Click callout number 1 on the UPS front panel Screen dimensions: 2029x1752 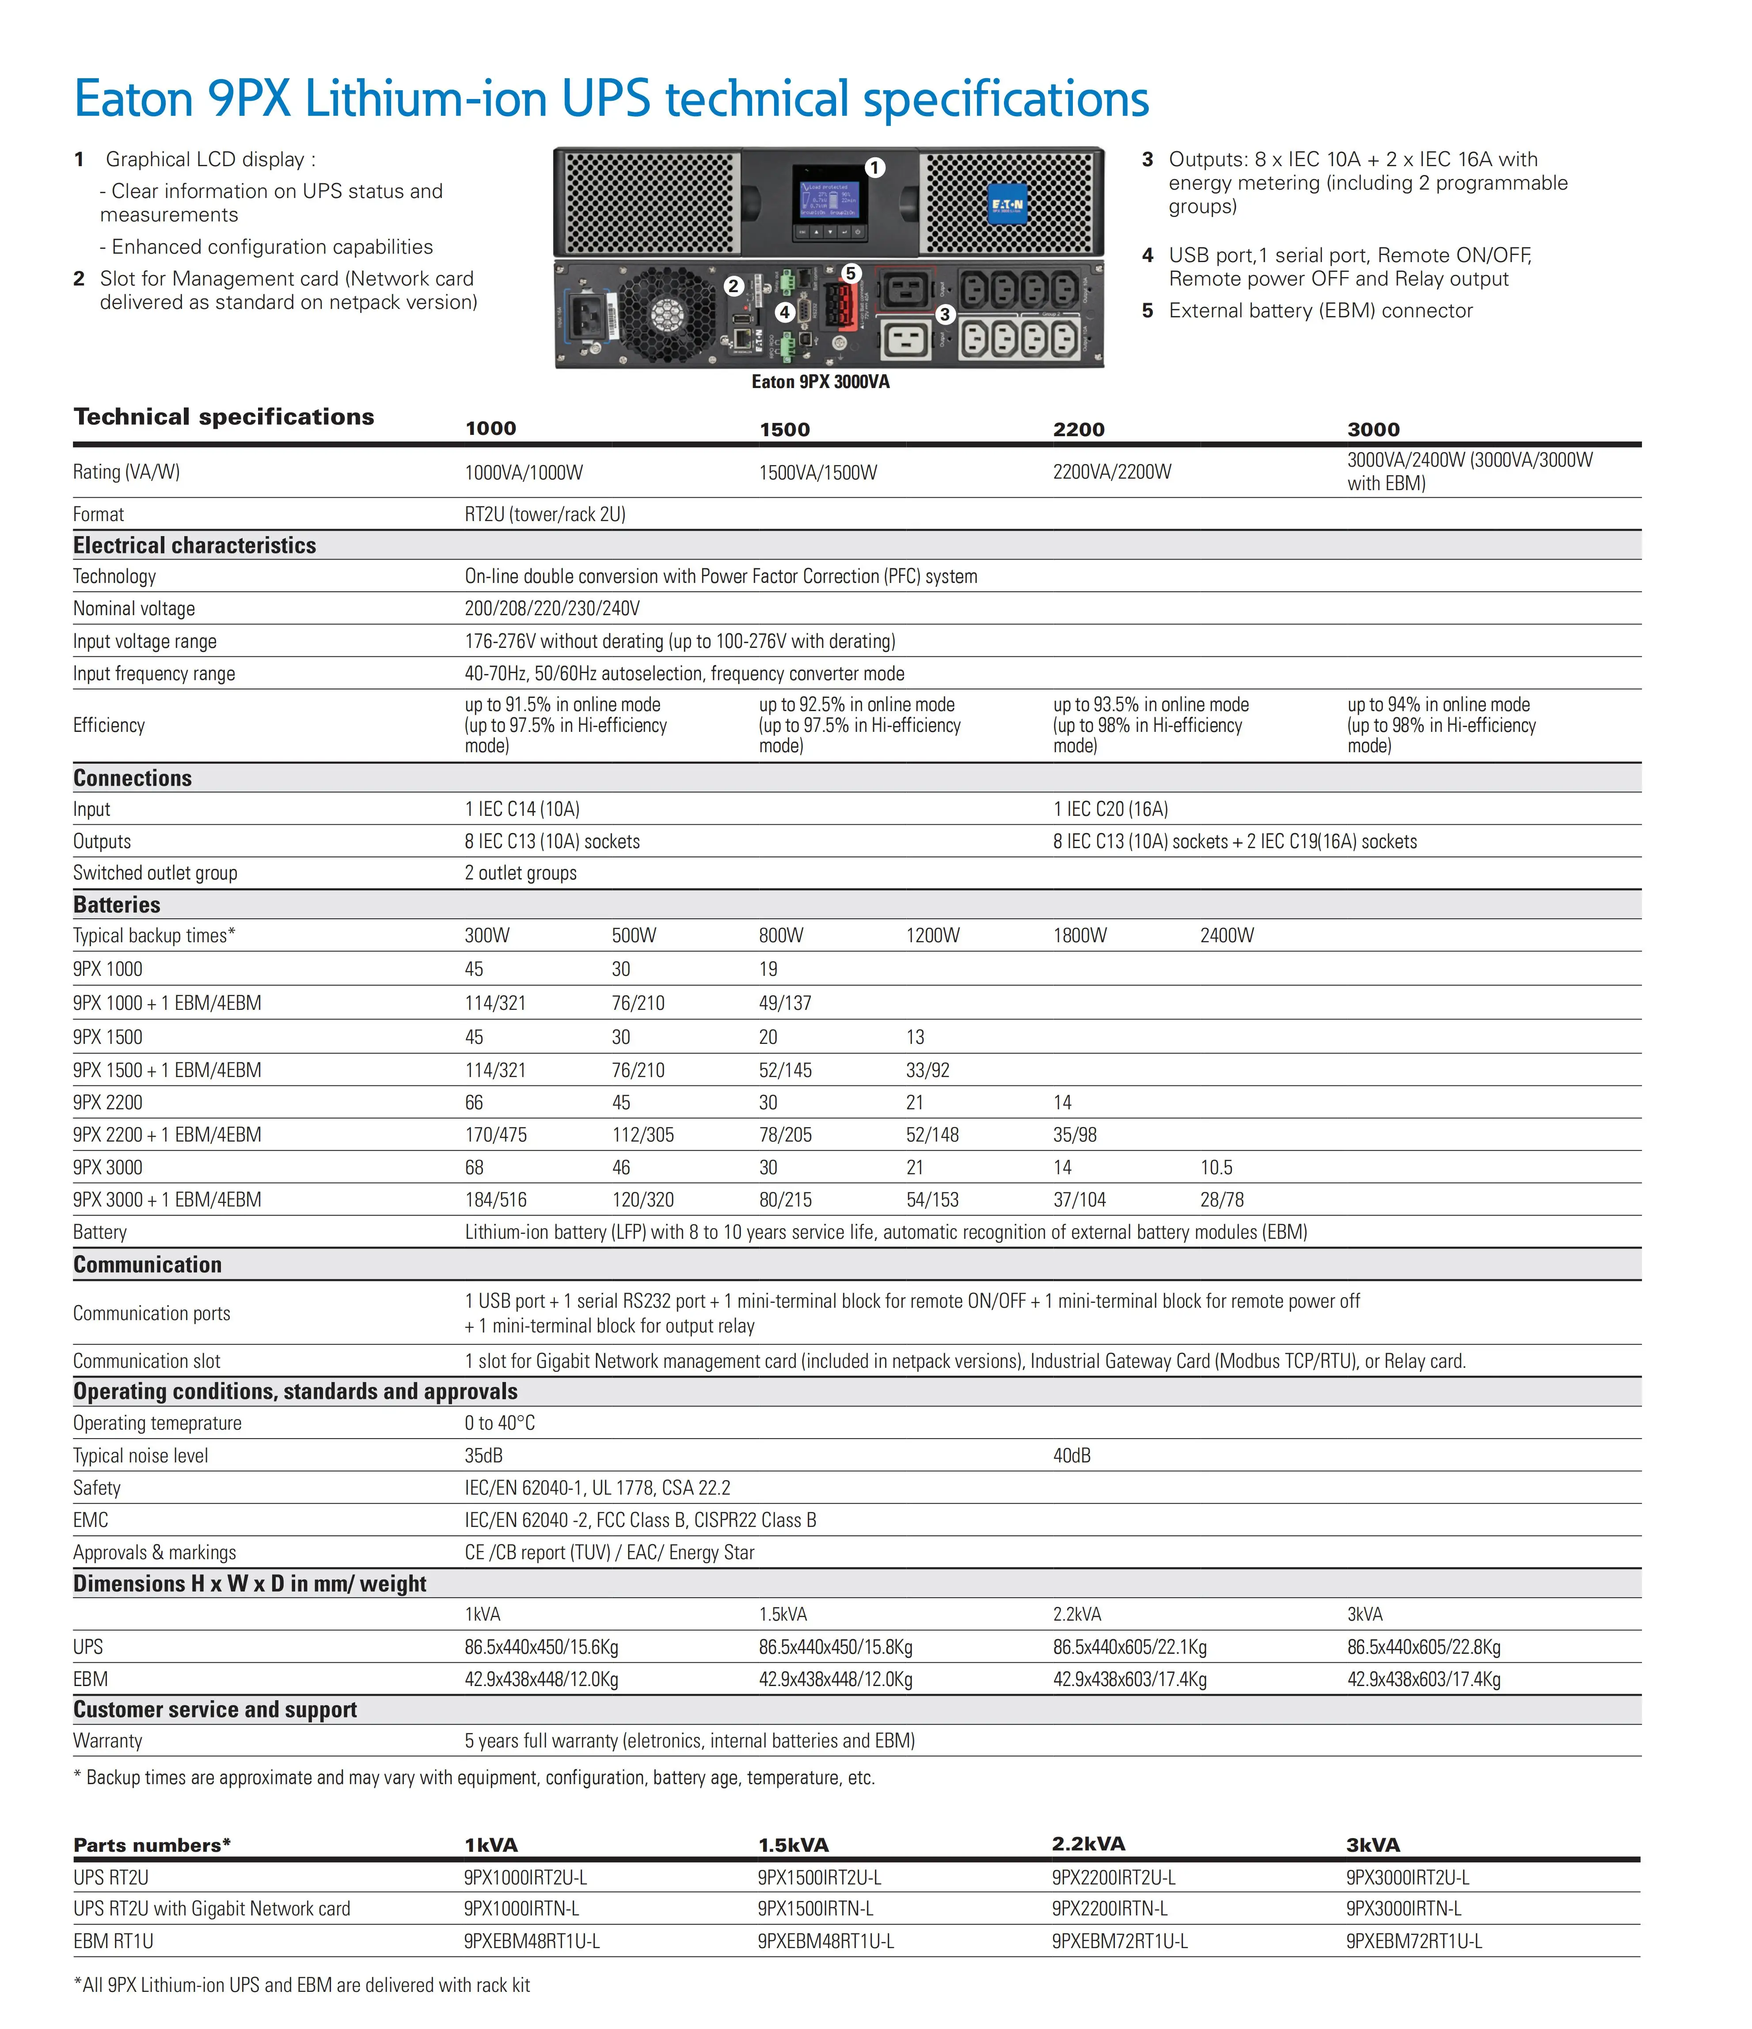pos(875,167)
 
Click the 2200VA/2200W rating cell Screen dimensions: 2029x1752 pos(1112,472)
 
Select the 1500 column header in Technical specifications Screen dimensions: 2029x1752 pos(784,429)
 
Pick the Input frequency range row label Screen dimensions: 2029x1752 pos(154,674)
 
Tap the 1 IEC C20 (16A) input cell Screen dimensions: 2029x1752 pos(1110,809)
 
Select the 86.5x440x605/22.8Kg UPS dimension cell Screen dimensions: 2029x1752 pos(1423,1647)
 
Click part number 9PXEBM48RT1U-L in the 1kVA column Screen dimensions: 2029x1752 pos(532,1941)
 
